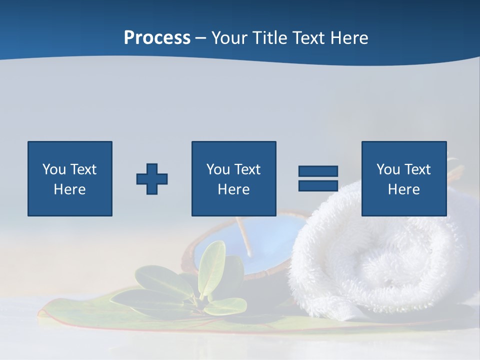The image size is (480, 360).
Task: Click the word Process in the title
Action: (x=157, y=38)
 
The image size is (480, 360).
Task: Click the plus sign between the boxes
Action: (x=152, y=179)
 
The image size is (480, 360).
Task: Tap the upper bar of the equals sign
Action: (x=318, y=171)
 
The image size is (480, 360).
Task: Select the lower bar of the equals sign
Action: (x=318, y=185)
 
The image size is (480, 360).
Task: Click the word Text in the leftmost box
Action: (x=83, y=169)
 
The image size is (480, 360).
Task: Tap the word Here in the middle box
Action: (x=233, y=189)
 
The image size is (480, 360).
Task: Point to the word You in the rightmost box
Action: (x=388, y=169)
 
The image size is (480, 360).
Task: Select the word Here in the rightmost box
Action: (x=403, y=189)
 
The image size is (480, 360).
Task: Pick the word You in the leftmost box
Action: (x=54, y=169)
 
